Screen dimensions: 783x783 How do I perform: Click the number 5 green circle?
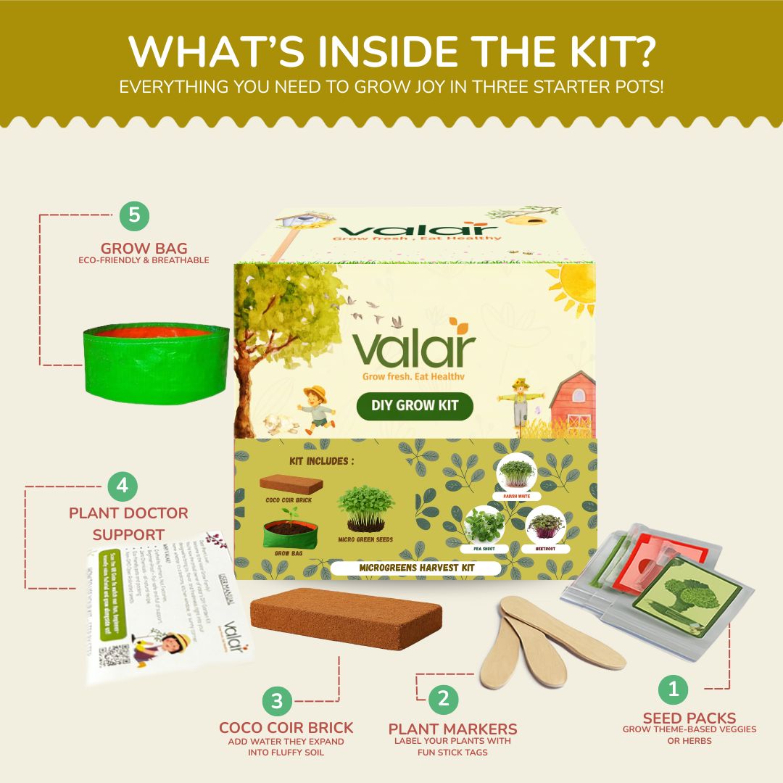tap(134, 215)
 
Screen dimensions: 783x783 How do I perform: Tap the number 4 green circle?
tap(122, 486)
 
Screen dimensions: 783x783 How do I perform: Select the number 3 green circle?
tap(276, 701)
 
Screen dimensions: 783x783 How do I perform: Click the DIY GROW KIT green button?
tap(415, 405)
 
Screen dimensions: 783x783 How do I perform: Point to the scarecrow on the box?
tap(518, 400)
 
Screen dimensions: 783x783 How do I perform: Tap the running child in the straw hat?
tap(317, 410)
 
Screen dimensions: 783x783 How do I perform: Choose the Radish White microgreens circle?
tap(515, 473)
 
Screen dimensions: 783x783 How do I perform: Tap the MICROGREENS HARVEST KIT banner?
tap(417, 568)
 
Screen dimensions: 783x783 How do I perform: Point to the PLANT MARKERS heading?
tap(453, 729)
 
